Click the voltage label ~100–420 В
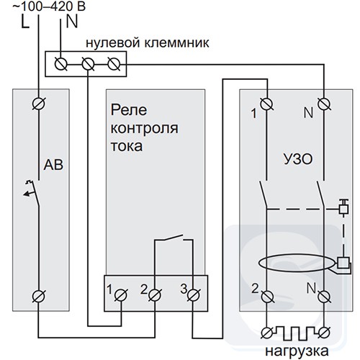[x=49, y=6]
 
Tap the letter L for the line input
[x=25, y=22]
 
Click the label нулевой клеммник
[x=148, y=43]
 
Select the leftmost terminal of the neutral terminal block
[x=60, y=64]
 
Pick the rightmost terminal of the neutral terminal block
[x=114, y=64]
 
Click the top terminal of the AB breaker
[x=39, y=104]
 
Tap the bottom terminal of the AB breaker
[x=39, y=296]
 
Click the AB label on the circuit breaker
[x=53, y=165]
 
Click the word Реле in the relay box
[x=129, y=110]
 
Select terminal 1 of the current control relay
[x=121, y=295]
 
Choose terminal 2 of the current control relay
[x=155, y=295]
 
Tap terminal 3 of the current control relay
[x=193, y=295]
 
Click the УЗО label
[x=298, y=159]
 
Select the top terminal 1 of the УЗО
[x=266, y=104]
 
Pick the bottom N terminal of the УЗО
[x=324, y=297]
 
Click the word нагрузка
[x=297, y=351]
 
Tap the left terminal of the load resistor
[x=267, y=333]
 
